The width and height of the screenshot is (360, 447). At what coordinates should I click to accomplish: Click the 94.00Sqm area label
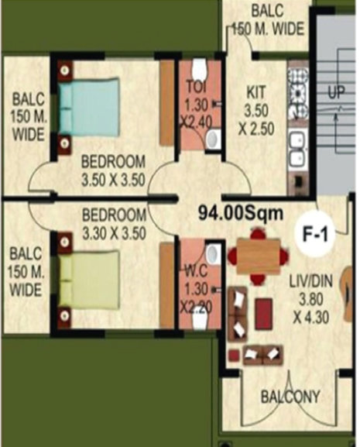(241, 213)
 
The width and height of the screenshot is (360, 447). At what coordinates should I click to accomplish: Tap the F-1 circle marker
(315, 235)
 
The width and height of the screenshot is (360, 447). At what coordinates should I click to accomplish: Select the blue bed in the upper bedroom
(88, 108)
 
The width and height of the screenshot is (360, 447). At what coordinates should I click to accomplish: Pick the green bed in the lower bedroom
(88, 280)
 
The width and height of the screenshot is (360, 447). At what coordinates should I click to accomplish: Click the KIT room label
(255, 92)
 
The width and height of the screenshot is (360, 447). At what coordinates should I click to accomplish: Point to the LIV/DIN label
(311, 281)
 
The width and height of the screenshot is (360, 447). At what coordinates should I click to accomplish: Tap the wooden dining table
(259, 256)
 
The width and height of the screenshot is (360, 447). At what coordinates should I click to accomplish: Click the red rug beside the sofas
(264, 314)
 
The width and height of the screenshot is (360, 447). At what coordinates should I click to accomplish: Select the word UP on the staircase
(336, 92)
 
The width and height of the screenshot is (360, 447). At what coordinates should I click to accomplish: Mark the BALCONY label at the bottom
(290, 397)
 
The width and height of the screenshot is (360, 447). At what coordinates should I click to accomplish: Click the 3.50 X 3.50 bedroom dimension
(113, 181)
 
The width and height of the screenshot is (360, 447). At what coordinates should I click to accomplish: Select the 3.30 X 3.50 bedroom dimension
(114, 233)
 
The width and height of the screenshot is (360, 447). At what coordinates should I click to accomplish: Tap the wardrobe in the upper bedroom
(166, 103)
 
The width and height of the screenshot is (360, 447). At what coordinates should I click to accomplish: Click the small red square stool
(234, 356)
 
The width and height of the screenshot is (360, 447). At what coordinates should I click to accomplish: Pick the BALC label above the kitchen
(267, 12)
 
